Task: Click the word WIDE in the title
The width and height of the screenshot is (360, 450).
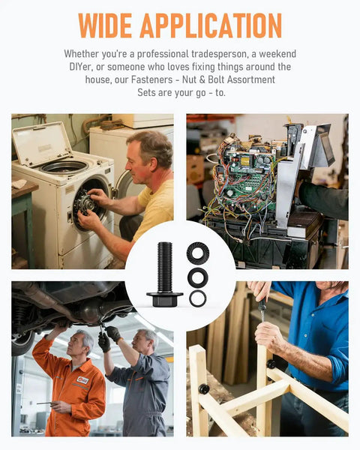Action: tap(104, 25)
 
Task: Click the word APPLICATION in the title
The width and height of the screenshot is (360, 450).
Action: tap(211, 25)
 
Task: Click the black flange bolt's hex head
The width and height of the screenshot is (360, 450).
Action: tap(165, 299)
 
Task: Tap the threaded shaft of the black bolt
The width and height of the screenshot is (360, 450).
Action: tap(165, 267)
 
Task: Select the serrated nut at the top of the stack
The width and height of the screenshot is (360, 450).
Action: tap(198, 253)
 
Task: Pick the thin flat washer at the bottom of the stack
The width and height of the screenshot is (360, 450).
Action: tap(198, 298)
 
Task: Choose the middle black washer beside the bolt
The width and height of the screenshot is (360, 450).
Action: tap(198, 277)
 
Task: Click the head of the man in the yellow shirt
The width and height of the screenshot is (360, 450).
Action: tap(148, 157)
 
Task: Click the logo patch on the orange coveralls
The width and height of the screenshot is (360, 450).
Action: tap(82, 380)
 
